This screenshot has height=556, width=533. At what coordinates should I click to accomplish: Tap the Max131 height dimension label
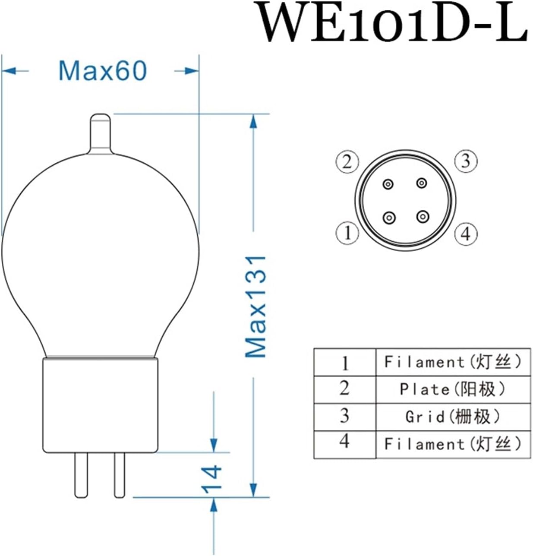coord(255,306)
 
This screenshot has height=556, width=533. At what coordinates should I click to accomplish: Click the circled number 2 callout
coord(347,162)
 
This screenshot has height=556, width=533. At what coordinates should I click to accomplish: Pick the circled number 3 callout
coord(465,161)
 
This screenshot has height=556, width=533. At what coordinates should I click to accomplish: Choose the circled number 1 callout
coord(347,233)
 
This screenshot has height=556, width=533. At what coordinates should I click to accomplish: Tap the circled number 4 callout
coord(465,234)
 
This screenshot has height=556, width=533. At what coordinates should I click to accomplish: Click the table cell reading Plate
coord(452,389)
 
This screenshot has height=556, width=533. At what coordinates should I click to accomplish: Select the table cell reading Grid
coord(452,417)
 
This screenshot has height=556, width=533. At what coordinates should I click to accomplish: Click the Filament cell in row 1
coord(452,362)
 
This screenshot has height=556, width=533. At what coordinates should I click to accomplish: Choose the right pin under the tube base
coord(120,474)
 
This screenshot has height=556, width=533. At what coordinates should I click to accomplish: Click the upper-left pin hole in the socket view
coord(388,184)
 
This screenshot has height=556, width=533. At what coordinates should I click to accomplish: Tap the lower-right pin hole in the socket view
coord(423,216)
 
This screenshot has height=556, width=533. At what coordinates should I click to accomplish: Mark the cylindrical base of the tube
coord(100,406)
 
